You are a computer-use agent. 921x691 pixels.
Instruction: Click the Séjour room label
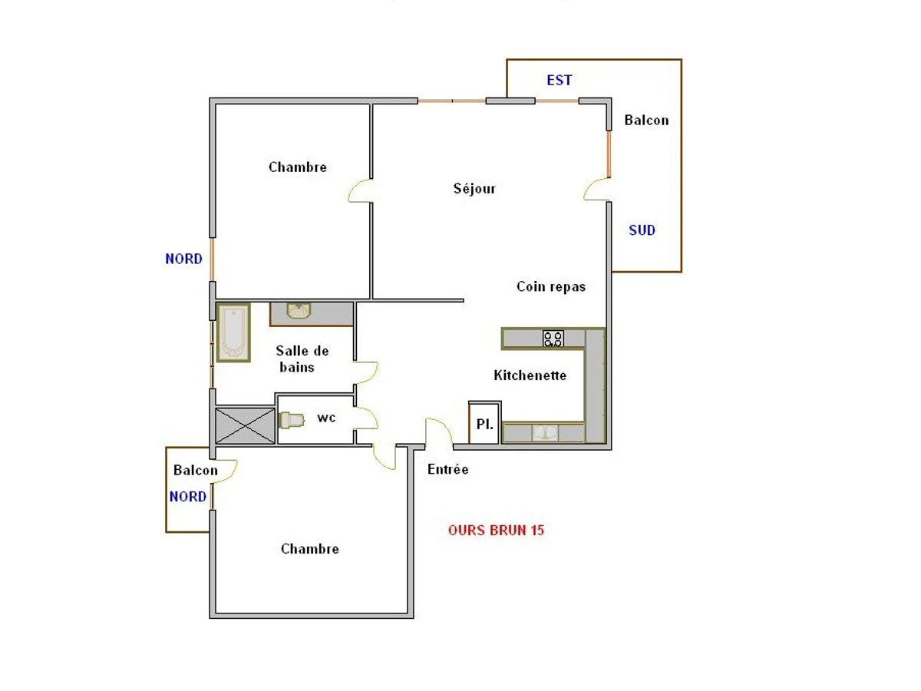click(x=474, y=188)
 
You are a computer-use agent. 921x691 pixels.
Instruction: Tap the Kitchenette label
click(x=530, y=375)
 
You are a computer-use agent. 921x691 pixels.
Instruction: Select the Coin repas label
click(x=551, y=286)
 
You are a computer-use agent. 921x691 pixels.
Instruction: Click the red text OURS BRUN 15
click(x=496, y=531)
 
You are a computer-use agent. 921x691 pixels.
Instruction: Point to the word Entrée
click(x=447, y=469)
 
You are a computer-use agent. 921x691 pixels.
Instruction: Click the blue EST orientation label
click(x=560, y=80)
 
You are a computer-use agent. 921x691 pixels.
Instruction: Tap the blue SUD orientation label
click(x=642, y=230)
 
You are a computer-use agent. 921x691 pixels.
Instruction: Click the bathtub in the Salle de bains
click(x=234, y=332)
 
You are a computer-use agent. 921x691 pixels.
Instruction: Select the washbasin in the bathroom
click(x=299, y=311)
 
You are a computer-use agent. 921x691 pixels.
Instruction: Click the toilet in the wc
click(x=292, y=420)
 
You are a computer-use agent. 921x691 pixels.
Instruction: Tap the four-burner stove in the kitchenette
click(x=553, y=339)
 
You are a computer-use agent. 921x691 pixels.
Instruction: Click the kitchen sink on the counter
click(x=545, y=433)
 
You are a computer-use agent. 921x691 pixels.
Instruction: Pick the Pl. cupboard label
click(x=484, y=424)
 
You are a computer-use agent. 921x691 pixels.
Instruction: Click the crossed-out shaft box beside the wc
click(x=245, y=426)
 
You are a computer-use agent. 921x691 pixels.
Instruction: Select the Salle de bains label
click(x=302, y=359)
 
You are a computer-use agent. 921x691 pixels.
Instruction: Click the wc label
click(x=326, y=418)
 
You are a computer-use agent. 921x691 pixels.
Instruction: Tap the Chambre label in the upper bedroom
click(x=298, y=167)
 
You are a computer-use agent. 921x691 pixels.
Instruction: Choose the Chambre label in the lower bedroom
click(x=309, y=549)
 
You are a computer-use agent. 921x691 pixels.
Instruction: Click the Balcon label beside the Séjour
click(x=646, y=121)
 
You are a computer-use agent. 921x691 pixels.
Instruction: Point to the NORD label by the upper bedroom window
click(x=183, y=259)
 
